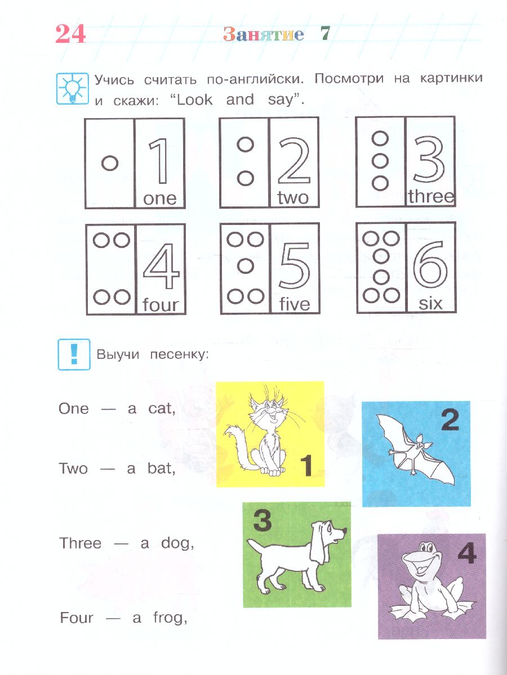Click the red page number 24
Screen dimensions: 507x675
pos(70,34)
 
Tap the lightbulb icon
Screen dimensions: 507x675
pos(72,89)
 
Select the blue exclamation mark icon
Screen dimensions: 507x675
pos(74,354)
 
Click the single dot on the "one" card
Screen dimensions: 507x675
pos(110,163)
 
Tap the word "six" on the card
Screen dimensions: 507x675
pos(430,303)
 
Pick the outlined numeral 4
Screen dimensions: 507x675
pos(161,266)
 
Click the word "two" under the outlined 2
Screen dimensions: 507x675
pos(293,197)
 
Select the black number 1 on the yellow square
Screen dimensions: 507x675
pos(306,466)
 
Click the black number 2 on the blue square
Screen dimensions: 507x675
pos(450,420)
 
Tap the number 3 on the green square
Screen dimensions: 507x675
pos(263,520)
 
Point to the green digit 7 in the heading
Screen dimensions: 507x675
pos(325,34)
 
